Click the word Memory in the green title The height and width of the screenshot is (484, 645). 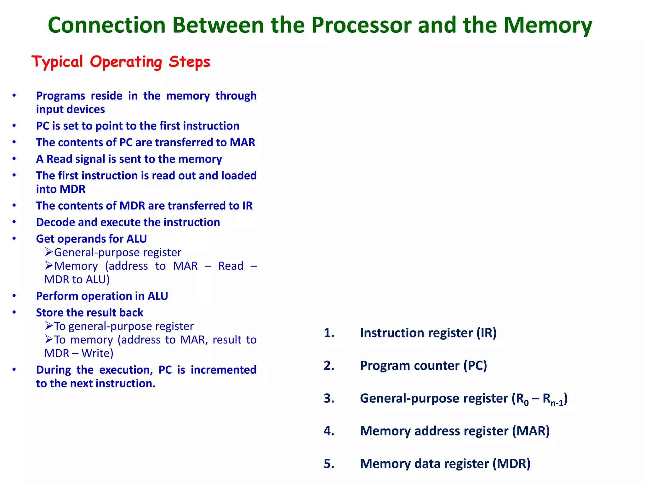[x=548, y=25]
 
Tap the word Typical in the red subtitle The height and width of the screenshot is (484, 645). [x=57, y=62]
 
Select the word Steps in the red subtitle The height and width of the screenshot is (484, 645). [x=189, y=62]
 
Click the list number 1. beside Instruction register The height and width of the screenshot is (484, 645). [x=329, y=333]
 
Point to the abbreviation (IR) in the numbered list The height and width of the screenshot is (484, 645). [x=486, y=333]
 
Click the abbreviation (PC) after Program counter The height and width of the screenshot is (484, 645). [x=475, y=366]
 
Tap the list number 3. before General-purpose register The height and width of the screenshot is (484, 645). [x=329, y=399]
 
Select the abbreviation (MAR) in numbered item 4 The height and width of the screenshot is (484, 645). [x=531, y=431]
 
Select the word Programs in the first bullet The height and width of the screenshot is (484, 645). [x=60, y=96]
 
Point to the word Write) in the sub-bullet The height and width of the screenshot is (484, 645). [x=97, y=353]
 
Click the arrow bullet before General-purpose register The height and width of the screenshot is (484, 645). [x=49, y=252]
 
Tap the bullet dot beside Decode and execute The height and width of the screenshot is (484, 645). [x=14, y=222]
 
